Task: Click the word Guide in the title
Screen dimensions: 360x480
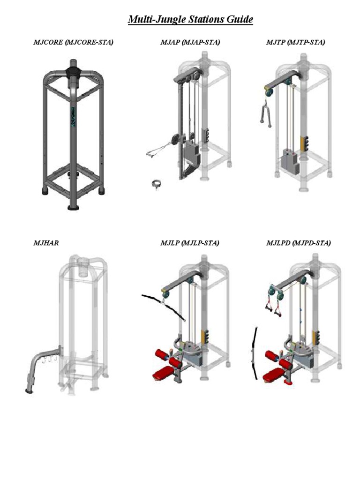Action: coord(240,19)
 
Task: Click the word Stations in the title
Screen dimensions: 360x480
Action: coord(206,19)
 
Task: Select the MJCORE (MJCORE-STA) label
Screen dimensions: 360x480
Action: coord(73,42)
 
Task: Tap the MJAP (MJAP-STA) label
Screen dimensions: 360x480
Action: coord(190,42)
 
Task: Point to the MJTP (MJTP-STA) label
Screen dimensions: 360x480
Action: coord(295,42)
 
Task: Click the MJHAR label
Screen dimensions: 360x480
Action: coord(46,243)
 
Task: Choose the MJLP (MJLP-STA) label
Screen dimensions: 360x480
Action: coord(190,243)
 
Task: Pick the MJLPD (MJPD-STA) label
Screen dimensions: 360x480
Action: coord(299,243)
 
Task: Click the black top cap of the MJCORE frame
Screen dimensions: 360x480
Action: coord(73,72)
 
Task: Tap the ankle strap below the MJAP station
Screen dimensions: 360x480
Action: coord(157,184)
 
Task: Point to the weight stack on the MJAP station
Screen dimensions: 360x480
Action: coord(192,153)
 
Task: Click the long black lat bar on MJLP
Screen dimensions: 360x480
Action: coord(164,306)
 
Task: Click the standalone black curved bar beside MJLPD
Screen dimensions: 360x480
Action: coord(255,353)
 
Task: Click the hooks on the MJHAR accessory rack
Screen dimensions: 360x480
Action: coord(48,359)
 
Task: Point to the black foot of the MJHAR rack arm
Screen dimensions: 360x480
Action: coord(30,390)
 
